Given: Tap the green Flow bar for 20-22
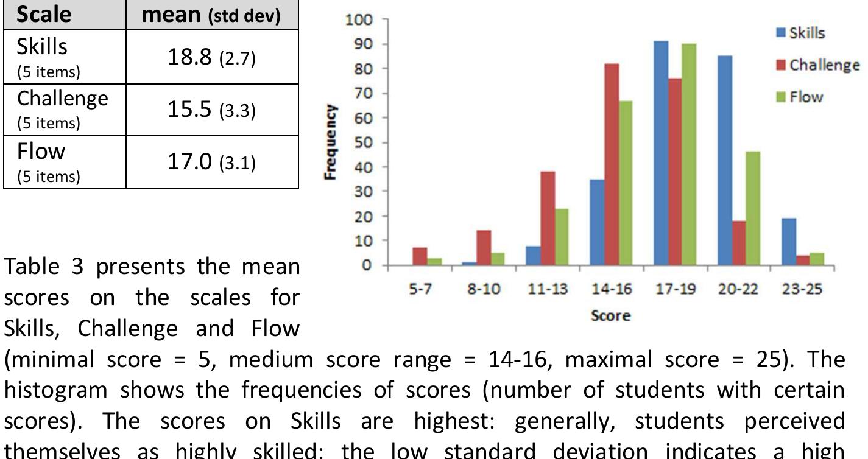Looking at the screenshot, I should click(x=753, y=208).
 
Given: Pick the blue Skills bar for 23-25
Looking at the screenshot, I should click(x=789, y=242).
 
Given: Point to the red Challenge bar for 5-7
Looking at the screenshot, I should click(x=420, y=256).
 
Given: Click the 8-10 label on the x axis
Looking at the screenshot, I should click(x=484, y=289).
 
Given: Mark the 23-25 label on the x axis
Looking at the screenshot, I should click(x=802, y=289).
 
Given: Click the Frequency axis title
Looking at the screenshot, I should click(x=331, y=142).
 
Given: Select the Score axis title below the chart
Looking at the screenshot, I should click(x=610, y=315).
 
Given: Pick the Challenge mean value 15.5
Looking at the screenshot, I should click(x=189, y=110).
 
